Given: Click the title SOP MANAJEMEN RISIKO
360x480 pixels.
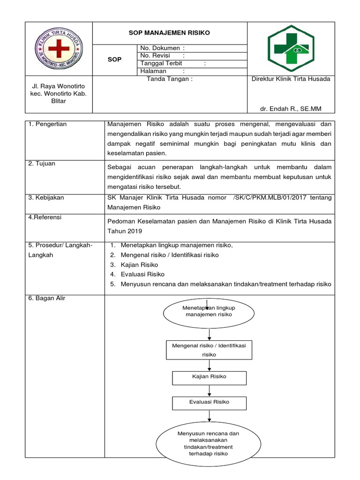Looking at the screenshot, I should click(x=169, y=33).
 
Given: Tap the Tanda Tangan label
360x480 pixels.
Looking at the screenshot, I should click(x=170, y=79).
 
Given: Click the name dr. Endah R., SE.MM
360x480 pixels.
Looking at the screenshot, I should click(x=291, y=109).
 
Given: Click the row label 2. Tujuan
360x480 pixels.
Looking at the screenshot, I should click(x=42, y=164).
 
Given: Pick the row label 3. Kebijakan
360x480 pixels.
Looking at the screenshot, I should click(x=46, y=197).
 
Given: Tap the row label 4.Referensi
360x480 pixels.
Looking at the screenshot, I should click(x=45, y=217).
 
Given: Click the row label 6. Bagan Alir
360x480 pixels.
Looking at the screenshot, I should click(x=47, y=299).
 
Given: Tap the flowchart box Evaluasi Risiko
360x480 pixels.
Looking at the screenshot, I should click(x=209, y=402).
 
